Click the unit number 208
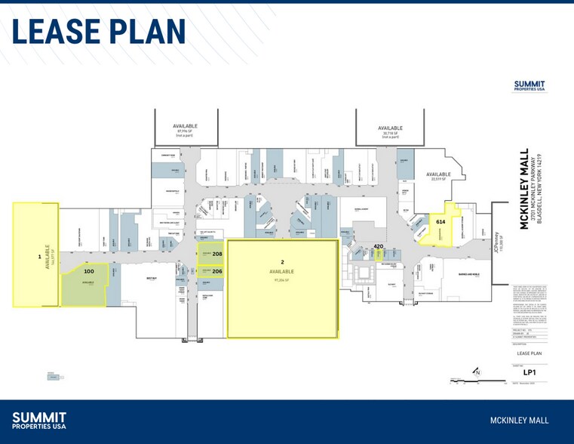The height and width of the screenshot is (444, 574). [x=217, y=254]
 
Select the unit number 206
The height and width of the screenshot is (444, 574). [x=217, y=271]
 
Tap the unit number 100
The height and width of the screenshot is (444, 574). [x=89, y=270]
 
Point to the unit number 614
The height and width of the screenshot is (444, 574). [x=440, y=221]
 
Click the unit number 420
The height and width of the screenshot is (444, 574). [x=379, y=246]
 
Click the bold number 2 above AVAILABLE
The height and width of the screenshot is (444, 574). [x=282, y=262]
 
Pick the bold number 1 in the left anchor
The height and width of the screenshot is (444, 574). [x=39, y=257]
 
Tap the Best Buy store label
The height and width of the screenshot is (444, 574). [x=152, y=278]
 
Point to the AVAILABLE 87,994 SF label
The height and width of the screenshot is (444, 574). [x=186, y=129]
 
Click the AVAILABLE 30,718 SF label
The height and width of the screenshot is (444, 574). [x=390, y=131]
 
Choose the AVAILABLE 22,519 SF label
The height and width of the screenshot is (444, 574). [x=438, y=177]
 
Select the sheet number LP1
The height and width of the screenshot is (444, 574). [x=529, y=372]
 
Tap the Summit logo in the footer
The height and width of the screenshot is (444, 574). [x=39, y=421]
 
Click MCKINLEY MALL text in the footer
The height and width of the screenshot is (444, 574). [x=519, y=421]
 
